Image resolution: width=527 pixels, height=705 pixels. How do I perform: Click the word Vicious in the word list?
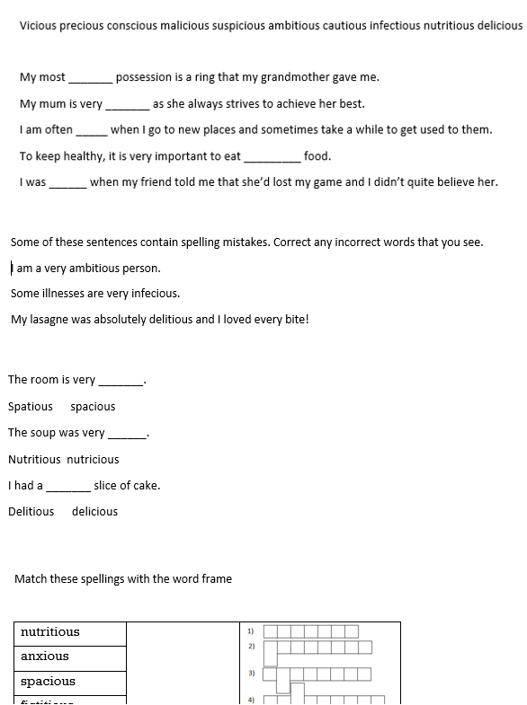pyautogui.click(x=39, y=26)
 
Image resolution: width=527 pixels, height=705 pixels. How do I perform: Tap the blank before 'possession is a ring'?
pyautogui.click(x=91, y=78)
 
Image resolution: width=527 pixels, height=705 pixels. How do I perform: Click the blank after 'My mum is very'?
pyautogui.click(x=128, y=104)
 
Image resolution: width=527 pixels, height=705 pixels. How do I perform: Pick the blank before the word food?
pyautogui.click(x=272, y=157)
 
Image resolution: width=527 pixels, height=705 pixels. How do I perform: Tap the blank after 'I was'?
pyautogui.click(x=67, y=182)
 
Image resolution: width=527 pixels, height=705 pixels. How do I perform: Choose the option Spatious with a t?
pyautogui.click(x=31, y=407)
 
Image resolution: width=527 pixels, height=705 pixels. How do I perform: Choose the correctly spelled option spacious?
pyautogui.click(x=93, y=407)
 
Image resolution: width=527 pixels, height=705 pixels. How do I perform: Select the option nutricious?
pyautogui.click(x=93, y=460)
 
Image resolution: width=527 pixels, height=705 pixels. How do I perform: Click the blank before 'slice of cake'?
pyautogui.click(x=68, y=486)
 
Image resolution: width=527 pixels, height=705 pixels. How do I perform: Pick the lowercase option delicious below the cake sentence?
pyautogui.click(x=94, y=512)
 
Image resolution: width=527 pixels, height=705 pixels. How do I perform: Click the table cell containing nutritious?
pyautogui.click(x=70, y=632)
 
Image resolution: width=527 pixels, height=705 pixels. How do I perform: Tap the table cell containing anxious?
pyautogui.click(x=70, y=657)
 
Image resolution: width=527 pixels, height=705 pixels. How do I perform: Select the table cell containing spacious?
pyautogui.click(x=70, y=682)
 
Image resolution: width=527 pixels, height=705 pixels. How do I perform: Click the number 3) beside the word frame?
pyautogui.click(x=252, y=673)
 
